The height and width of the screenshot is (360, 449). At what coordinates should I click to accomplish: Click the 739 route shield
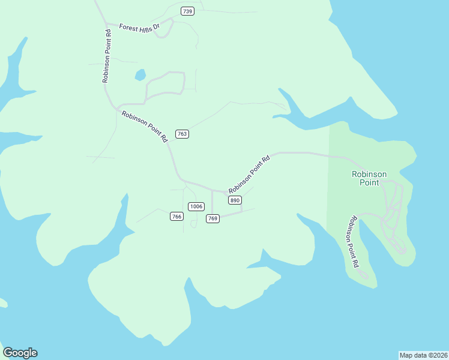coord(187,11)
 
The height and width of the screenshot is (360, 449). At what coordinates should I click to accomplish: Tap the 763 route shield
coord(182,134)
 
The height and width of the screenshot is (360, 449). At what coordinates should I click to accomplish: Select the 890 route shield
coord(235,200)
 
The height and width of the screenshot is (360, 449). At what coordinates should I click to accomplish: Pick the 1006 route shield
coord(196,206)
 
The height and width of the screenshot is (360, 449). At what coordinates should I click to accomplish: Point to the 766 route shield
coord(176,216)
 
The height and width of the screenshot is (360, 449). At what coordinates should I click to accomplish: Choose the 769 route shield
coord(212,218)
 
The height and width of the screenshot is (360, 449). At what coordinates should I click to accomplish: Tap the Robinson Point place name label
coord(369,178)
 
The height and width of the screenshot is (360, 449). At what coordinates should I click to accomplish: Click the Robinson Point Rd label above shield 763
coord(145,126)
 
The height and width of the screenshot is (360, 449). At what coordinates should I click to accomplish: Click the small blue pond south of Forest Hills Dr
coord(140,75)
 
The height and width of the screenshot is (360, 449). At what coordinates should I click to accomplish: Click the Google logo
coord(20,353)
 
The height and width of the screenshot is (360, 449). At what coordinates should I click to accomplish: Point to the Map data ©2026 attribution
coord(423,355)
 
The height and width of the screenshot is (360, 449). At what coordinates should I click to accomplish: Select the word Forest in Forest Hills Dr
coord(128,27)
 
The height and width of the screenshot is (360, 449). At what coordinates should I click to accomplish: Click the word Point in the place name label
coord(369,182)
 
